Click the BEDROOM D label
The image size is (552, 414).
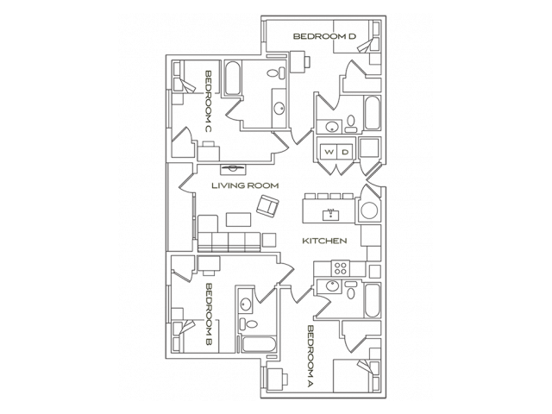324,36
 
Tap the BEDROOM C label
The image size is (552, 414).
209,100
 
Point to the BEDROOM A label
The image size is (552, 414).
310,355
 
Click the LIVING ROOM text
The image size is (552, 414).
245,185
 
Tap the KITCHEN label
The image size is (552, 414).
324,241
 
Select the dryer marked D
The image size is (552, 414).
344,153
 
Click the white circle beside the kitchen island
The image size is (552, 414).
369,210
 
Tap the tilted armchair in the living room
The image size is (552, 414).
267,206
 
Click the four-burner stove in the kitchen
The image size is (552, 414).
340,267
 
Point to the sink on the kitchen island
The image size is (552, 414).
329,212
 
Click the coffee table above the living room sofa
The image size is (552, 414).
238,221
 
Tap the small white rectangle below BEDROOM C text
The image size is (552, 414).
208,144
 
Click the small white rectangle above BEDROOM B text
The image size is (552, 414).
208,273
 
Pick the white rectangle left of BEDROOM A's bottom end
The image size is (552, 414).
285,378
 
